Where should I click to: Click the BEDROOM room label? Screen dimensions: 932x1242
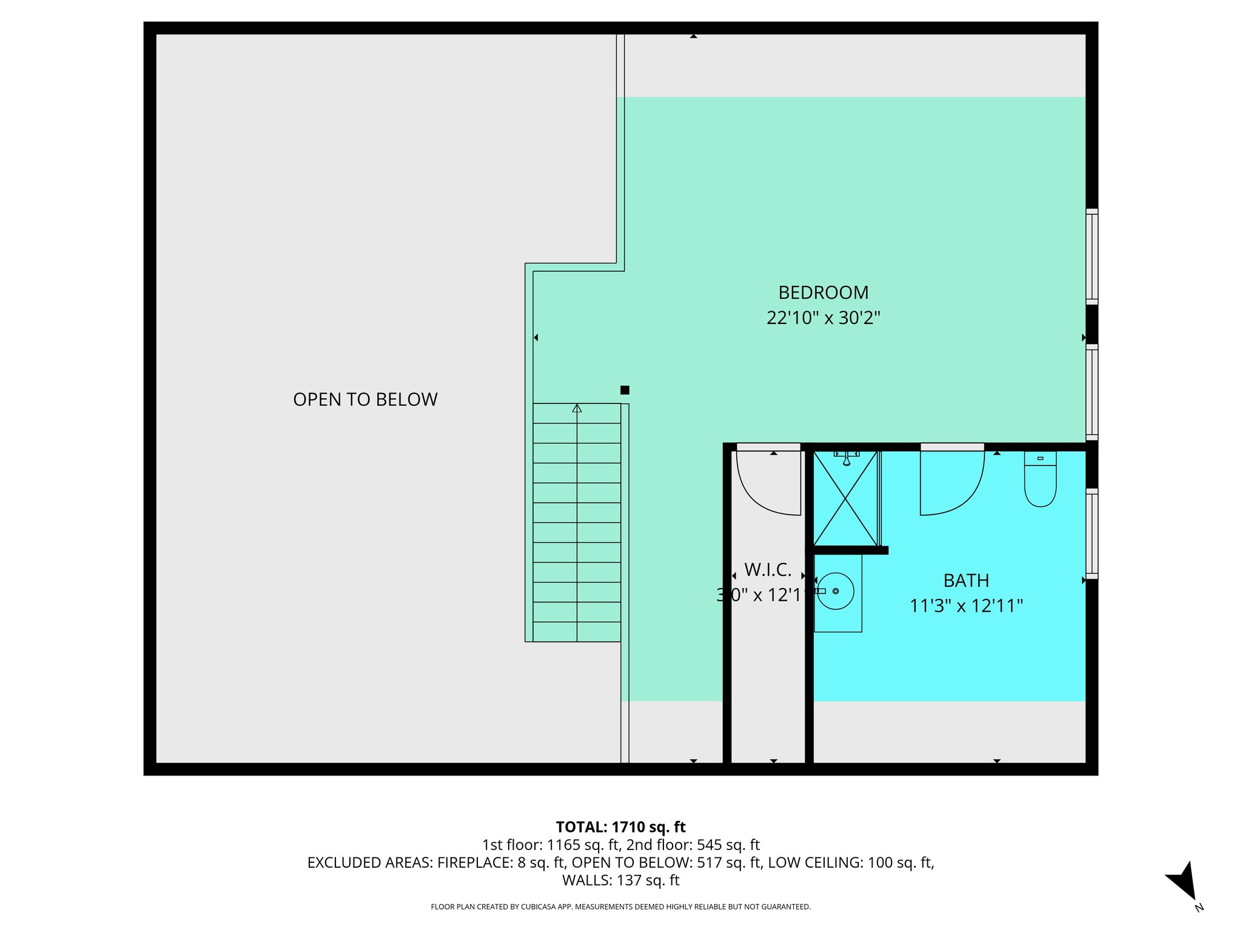[x=823, y=292]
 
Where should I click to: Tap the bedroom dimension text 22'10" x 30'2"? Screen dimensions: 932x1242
[x=823, y=318]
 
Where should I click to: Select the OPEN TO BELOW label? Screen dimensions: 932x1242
[x=365, y=399]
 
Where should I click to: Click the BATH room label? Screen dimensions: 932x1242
[x=966, y=581]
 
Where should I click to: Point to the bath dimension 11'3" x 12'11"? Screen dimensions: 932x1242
[x=966, y=606]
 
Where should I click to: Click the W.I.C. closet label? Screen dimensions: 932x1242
[x=768, y=570]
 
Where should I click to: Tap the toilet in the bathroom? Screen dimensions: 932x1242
[x=1040, y=479]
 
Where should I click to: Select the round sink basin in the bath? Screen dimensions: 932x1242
[x=836, y=591]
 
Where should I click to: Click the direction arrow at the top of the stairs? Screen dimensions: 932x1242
[x=577, y=409]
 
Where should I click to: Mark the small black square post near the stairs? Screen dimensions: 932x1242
[x=625, y=390]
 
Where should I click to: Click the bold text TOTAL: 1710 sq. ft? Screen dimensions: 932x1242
[x=620, y=827]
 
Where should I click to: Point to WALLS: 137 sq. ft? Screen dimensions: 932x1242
[x=620, y=880]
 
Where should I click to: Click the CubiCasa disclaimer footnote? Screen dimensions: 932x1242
[x=620, y=907]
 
